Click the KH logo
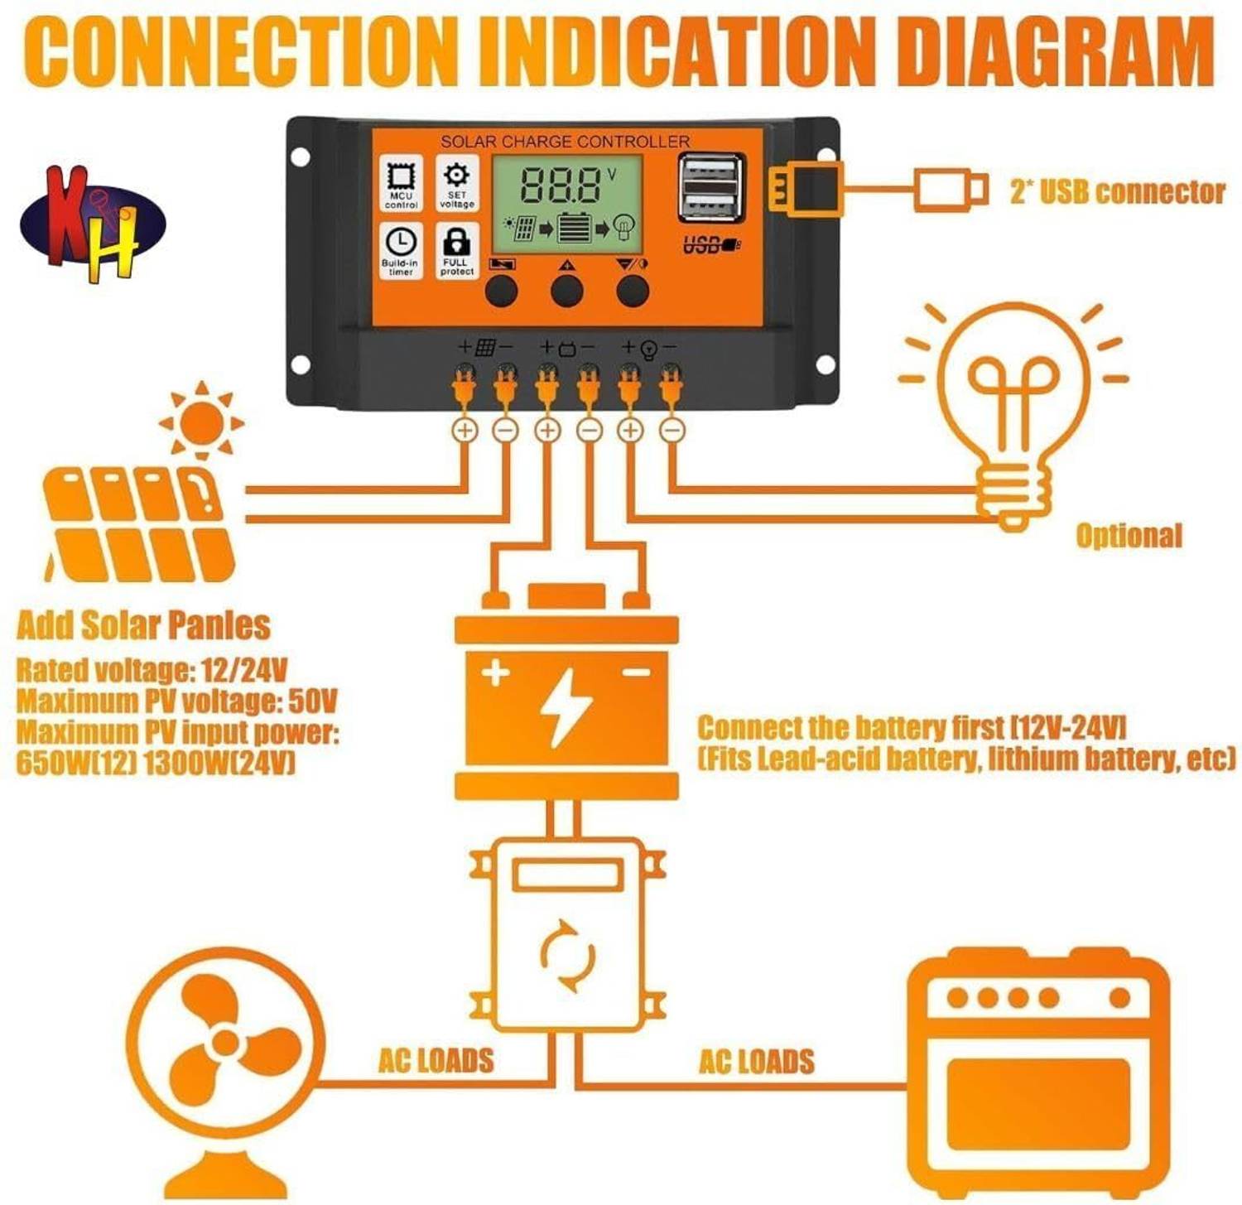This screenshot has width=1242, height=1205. click(93, 224)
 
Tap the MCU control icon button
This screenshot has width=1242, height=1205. click(401, 183)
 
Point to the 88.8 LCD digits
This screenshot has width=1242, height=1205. click(561, 185)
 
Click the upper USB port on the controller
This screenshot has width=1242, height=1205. click(710, 173)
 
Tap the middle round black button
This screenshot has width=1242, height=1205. click(567, 291)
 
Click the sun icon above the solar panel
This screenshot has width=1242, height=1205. click(202, 421)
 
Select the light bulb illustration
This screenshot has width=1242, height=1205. click(1013, 414)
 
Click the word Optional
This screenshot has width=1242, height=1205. click(1129, 536)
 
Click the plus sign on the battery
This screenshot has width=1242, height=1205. click(495, 672)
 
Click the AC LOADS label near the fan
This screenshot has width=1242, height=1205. click(436, 1061)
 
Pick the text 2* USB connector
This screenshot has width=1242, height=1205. click(1117, 192)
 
